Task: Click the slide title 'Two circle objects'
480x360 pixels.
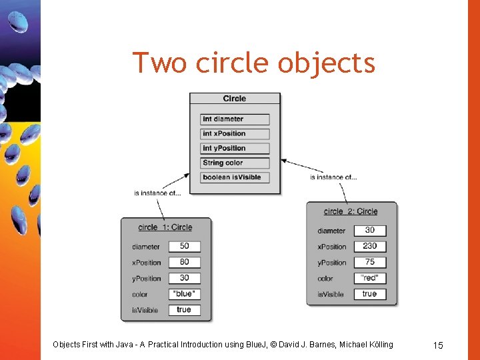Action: pyautogui.click(x=254, y=63)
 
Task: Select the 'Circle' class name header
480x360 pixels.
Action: pyautogui.click(x=235, y=99)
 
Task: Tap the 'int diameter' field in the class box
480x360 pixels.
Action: pyautogui.click(x=235, y=119)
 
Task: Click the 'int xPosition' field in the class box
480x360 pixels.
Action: pyautogui.click(x=235, y=134)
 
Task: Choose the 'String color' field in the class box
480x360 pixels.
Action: pyautogui.click(x=235, y=163)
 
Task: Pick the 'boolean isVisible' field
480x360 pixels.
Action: pyautogui.click(x=235, y=177)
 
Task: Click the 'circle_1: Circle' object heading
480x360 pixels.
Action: pyautogui.click(x=165, y=227)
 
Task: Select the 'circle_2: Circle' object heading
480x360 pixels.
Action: pyautogui.click(x=351, y=211)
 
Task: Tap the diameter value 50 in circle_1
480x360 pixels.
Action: pyautogui.click(x=184, y=246)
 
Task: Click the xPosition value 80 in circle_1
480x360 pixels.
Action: pyautogui.click(x=184, y=262)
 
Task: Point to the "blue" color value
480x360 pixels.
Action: pyautogui.click(x=184, y=294)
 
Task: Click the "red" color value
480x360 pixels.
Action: pyautogui.click(x=369, y=278)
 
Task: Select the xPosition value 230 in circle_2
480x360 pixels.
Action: pyautogui.click(x=369, y=246)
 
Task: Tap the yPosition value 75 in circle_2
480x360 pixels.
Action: pyautogui.click(x=369, y=262)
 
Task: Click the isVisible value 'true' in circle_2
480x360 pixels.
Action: pyautogui.click(x=369, y=294)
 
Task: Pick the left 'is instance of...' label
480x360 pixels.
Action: pyautogui.click(x=157, y=193)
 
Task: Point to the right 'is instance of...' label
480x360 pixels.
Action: pyautogui.click(x=334, y=177)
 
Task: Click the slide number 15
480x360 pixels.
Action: pyautogui.click(x=438, y=345)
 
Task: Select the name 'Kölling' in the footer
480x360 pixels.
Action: pyautogui.click(x=378, y=345)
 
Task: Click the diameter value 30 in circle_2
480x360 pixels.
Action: pyautogui.click(x=369, y=230)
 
